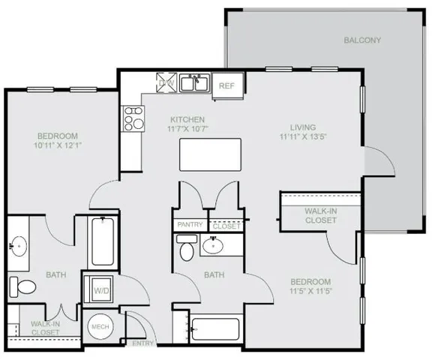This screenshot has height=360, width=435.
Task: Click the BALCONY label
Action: [x=362, y=40]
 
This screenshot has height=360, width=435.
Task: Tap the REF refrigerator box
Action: [x=226, y=85]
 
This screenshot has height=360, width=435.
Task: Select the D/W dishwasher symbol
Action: [x=165, y=82]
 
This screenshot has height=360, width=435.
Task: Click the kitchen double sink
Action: [x=196, y=82]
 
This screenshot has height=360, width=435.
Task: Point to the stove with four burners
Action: [x=133, y=118]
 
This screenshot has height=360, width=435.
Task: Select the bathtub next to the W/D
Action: [x=100, y=241]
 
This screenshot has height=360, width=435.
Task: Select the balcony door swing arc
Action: [x=375, y=161]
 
